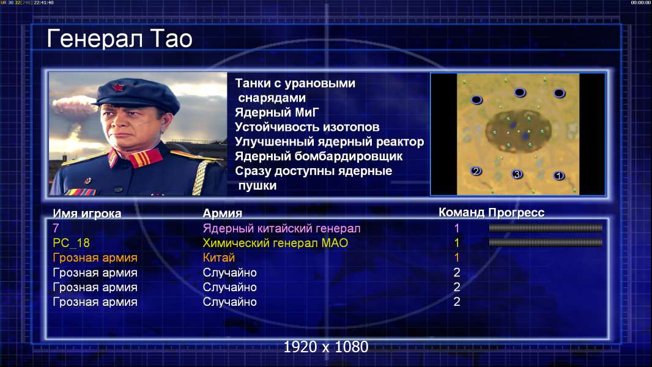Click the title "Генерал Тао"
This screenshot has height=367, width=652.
120,39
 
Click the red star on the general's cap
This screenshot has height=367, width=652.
118,87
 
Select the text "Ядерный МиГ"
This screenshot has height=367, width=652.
277,113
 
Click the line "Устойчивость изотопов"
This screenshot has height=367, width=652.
307,127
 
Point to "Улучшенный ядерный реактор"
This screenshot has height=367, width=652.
329,142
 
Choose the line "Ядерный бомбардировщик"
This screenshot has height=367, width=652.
319,156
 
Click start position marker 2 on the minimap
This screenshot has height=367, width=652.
476,171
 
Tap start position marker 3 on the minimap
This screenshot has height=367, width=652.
517,174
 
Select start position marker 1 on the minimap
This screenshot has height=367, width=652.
559,176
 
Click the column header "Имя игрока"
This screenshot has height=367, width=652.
87,213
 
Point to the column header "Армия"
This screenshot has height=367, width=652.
223,213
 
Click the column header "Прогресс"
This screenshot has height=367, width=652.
516,212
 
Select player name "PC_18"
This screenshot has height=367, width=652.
71,243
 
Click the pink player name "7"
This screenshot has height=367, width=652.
56,228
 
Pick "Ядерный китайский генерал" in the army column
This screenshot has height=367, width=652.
281,229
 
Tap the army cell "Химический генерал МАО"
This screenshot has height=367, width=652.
275,243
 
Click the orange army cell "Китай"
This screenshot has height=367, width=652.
219,258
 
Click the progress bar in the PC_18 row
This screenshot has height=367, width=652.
546,242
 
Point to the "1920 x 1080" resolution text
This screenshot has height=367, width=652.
326,347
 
